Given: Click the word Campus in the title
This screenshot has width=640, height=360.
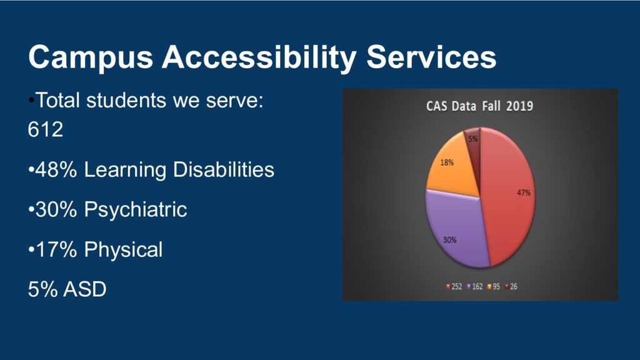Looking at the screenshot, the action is click(91, 57).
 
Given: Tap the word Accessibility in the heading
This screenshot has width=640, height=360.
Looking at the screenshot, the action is click(259, 57).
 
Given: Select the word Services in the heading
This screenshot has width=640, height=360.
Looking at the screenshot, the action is click(431, 56).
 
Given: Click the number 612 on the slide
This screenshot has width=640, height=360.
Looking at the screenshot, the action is click(45, 129).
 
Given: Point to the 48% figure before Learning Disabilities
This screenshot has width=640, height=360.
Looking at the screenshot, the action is click(56, 169).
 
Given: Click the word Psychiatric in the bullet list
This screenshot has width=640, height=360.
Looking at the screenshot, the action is click(135, 210).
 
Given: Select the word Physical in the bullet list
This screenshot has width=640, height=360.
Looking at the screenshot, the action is click(123, 250).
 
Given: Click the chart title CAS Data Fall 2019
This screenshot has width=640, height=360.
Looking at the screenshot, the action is click(479, 106).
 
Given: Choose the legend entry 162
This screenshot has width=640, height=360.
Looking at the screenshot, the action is click(474, 286).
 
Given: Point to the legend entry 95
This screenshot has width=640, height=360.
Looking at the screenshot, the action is click(493, 286).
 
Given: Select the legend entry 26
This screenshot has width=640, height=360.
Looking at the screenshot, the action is click(511, 286).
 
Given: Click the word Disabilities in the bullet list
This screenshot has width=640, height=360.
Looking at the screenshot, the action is click(224, 169).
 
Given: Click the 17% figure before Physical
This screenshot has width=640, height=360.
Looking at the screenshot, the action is click(56, 250).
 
